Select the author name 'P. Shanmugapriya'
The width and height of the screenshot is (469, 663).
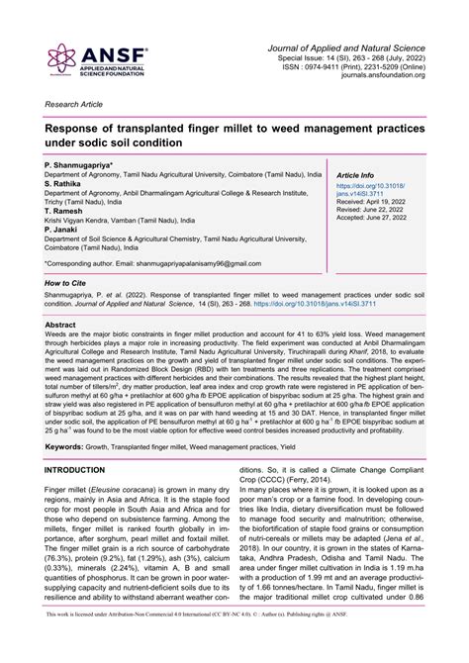click(x=79, y=160)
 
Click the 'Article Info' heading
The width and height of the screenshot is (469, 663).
click(x=356, y=174)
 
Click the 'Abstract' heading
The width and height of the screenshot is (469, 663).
click(x=61, y=324)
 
